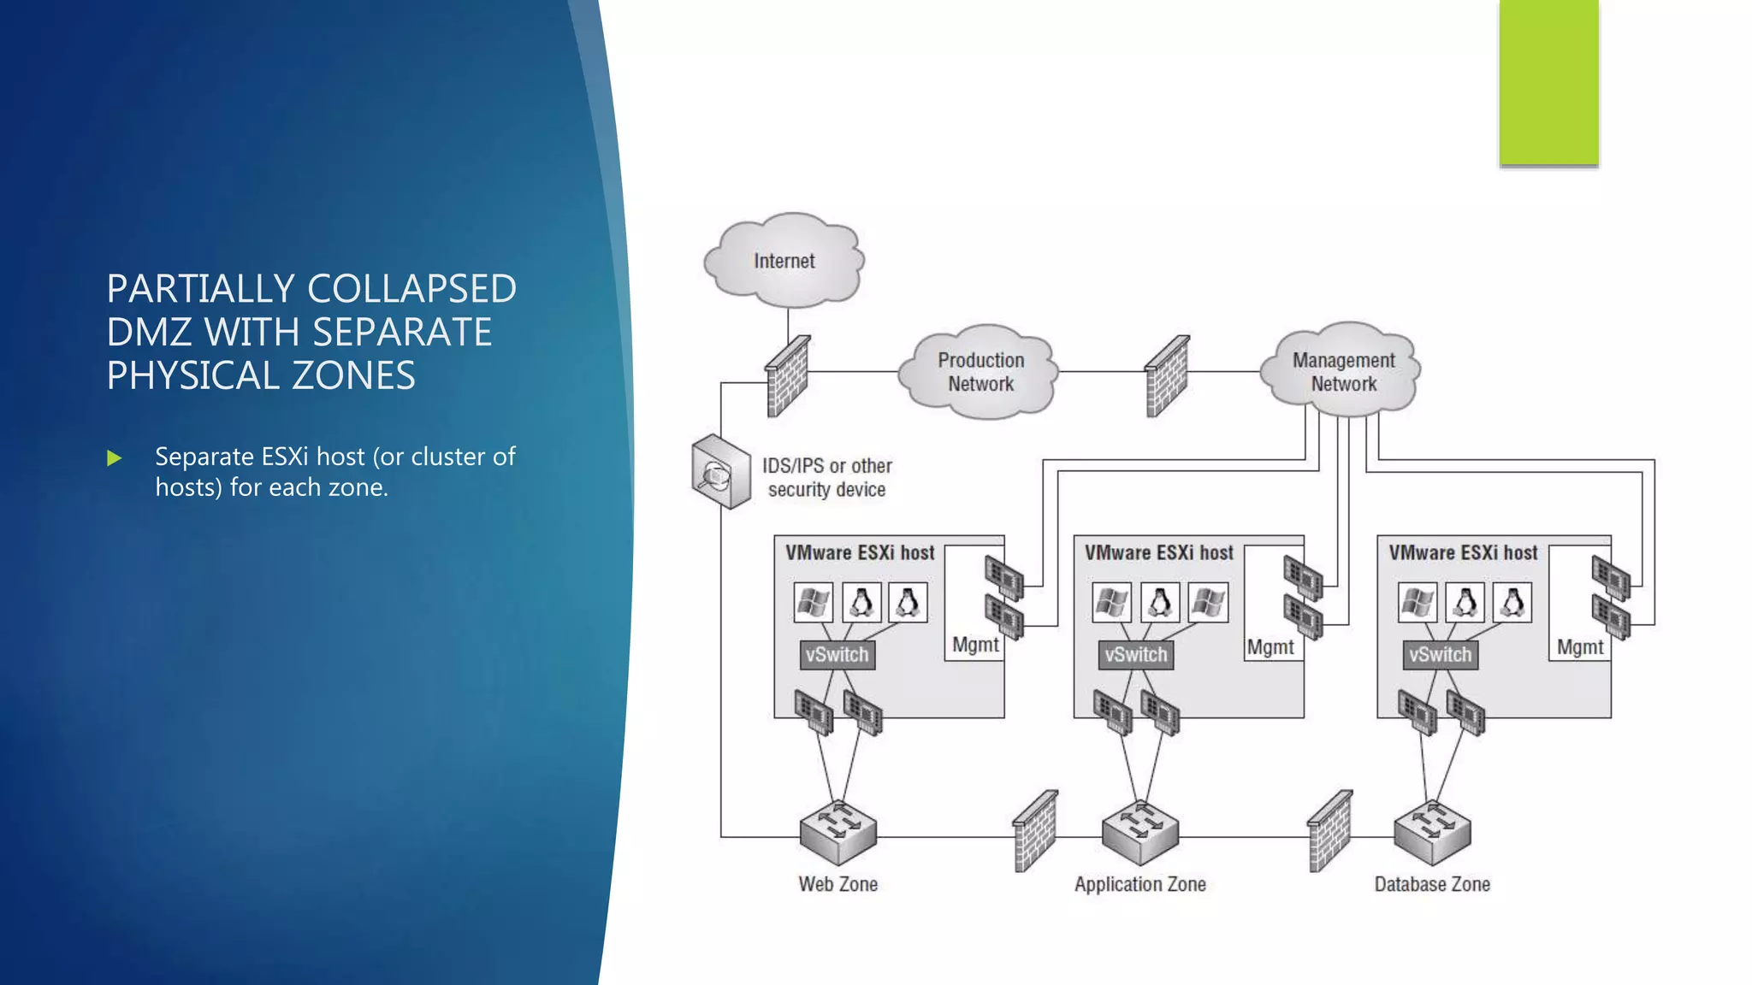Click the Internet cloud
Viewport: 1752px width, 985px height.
coord(784,261)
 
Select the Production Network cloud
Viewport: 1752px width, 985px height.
coord(980,372)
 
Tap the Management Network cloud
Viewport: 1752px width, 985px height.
coord(1343,372)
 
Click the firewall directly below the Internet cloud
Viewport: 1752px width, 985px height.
coord(787,376)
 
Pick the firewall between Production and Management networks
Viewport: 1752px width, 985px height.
coord(1167,376)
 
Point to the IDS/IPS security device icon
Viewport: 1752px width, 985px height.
coord(719,472)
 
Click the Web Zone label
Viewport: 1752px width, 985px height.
coord(838,884)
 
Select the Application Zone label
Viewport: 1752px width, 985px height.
coord(1140,884)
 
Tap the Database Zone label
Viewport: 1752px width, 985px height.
coord(1432,884)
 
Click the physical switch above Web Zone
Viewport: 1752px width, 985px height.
coord(838,831)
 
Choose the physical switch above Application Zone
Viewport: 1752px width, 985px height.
coord(1140,831)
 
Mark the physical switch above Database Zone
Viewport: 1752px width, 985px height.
coord(1432,831)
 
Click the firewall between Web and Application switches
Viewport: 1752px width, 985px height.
coord(1035,831)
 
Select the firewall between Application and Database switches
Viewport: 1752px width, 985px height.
coord(1330,831)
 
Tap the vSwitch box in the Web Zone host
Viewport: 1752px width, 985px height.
coord(837,655)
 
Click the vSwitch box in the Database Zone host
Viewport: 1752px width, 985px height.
coord(1441,655)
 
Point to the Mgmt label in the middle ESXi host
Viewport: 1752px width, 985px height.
coord(1270,647)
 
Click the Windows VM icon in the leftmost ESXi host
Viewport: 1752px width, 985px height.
coord(813,603)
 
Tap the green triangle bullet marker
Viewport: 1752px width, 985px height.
coord(115,458)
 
